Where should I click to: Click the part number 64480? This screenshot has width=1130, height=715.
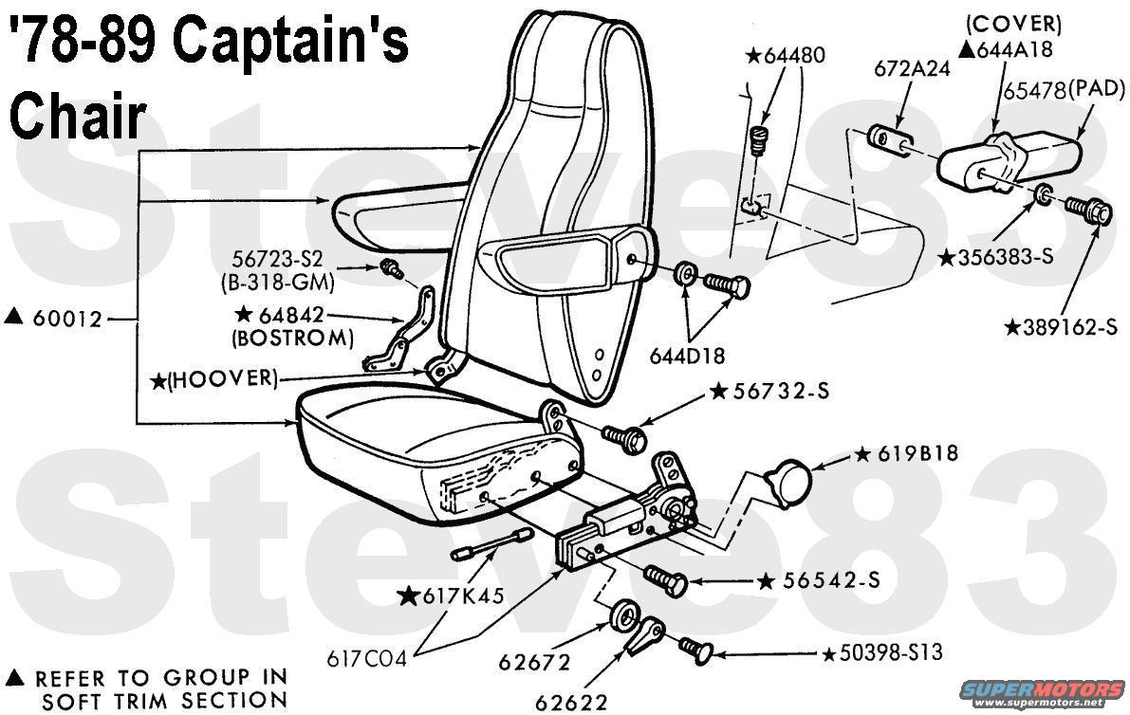[x=793, y=54]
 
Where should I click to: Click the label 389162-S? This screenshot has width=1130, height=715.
[x=1068, y=327]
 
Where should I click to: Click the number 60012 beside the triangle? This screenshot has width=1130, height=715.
[x=66, y=320]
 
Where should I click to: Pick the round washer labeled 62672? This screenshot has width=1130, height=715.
[x=624, y=616]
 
